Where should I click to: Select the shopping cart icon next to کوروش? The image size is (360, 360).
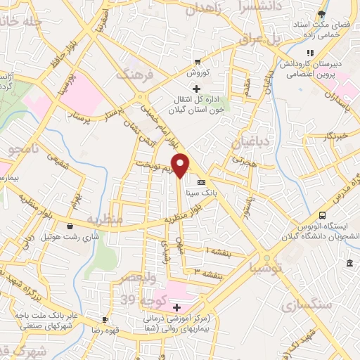coord(199,60)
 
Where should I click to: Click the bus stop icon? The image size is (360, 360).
coord(322,215)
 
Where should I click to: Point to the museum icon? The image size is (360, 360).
coord(350,263)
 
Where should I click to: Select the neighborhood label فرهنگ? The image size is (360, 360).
coord(134,75)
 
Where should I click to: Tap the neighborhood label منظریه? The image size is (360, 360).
coord(105,220)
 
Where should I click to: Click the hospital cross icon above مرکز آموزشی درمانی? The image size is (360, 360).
coord(177,307)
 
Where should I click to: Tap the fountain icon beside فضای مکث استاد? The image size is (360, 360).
coord(322,13)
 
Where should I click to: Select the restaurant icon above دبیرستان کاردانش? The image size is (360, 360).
coord(309,53)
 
